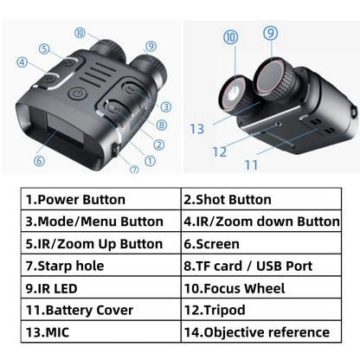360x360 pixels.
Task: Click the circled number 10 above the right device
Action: pyautogui.click(x=229, y=38)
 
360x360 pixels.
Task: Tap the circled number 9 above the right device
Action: pyautogui.click(x=271, y=34)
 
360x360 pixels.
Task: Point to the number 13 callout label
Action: pyautogui.click(x=198, y=128)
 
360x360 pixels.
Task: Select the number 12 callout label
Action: pyautogui.click(x=219, y=151)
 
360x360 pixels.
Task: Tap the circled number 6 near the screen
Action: pyautogui.click(x=39, y=160)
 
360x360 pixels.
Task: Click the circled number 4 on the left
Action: pyautogui.click(x=21, y=61)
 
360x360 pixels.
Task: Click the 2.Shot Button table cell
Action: pyautogui.click(x=259, y=199)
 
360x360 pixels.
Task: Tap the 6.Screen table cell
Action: pyautogui.click(x=259, y=244)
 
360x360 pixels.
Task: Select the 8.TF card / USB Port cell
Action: pyautogui.click(x=259, y=266)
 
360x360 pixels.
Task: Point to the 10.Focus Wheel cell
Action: pyautogui.click(x=259, y=287)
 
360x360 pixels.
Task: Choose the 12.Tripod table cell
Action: pyautogui.click(x=259, y=310)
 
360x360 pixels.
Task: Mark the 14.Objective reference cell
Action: pyautogui.click(x=259, y=332)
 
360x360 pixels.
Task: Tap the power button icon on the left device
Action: pyautogui.click(x=75, y=93)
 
